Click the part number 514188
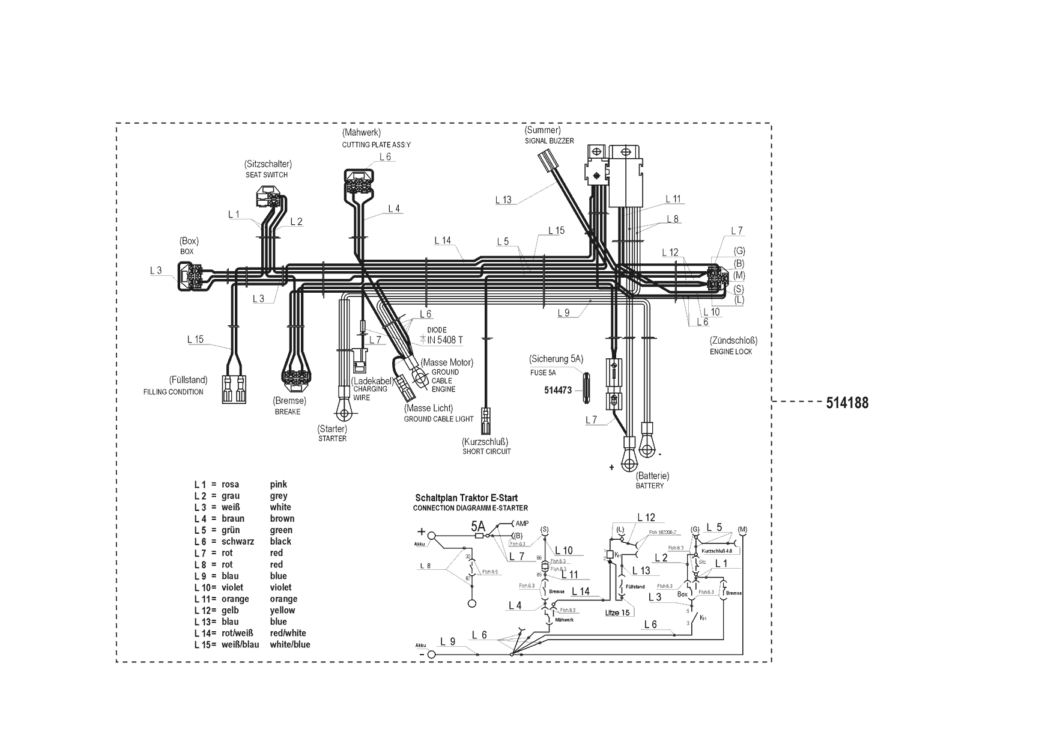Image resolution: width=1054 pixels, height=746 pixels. click(847, 403)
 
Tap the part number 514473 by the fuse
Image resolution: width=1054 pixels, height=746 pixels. click(557, 390)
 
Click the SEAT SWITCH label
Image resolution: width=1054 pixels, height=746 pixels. click(267, 175)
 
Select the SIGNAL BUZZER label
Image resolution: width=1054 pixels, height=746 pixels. click(549, 141)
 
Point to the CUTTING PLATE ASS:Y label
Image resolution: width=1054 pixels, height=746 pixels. click(377, 145)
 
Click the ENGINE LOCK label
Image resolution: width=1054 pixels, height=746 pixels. click(731, 351)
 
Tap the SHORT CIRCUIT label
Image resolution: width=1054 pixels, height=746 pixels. click(486, 451)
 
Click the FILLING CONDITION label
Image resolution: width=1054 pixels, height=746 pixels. click(173, 392)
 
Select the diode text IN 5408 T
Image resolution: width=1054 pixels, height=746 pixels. click(445, 340)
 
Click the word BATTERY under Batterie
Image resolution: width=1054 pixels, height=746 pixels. click(650, 486)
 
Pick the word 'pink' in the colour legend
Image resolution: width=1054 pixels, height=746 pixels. click(279, 485)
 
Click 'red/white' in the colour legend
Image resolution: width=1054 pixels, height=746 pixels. click(288, 633)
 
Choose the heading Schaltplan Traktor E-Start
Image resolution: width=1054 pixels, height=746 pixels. click(466, 498)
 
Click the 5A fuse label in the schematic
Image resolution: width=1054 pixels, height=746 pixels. click(478, 526)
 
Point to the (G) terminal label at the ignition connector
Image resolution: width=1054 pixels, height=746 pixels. click(739, 251)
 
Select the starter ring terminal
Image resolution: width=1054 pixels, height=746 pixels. click(344, 411)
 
